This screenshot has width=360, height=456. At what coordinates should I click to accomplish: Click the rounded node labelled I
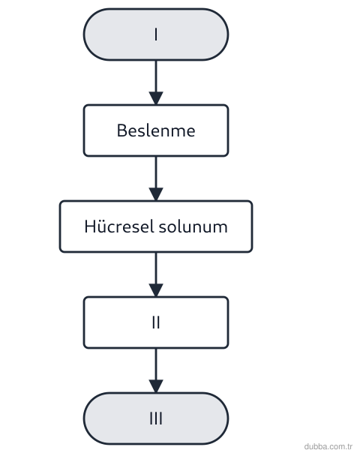click(x=156, y=34)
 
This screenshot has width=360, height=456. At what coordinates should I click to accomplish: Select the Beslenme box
click(x=156, y=130)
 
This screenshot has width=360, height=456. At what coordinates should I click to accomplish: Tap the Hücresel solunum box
click(x=156, y=226)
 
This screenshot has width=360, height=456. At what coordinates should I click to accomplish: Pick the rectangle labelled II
click(x=156, y=322)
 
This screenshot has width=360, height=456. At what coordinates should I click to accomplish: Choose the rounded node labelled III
click(x=156, y=418)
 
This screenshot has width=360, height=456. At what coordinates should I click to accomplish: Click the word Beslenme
click(x=156, y=130)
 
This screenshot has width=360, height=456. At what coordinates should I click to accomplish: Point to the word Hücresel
click(x=119, y=226)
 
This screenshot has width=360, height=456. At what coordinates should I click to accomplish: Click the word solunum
click(x=193, y=226)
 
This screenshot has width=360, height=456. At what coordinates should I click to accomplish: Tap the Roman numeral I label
click(x=156, y=34)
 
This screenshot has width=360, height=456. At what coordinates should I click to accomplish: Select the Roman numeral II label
click(x=156, y=322)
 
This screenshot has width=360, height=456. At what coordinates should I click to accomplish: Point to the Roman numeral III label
click(x=156, y=418)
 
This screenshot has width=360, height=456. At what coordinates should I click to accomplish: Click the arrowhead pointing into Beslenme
click(x=156, y=98)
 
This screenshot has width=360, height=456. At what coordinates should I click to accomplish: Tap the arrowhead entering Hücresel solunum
click(x=156, y=194)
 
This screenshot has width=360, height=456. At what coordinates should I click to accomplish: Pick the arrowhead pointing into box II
click(x=156, y=290)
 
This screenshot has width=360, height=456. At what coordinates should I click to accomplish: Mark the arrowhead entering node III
click(x=156, y=386)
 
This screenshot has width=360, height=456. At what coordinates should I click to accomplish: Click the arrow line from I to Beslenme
click(x=156, y=82)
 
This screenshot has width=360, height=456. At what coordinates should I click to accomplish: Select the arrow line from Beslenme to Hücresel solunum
click(x=156, y=178)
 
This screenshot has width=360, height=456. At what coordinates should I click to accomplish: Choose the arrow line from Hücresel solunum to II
click(x=156, y=274)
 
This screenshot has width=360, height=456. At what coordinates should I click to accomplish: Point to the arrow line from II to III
click(x=156, y=370)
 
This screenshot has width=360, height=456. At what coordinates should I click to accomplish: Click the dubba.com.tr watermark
click(x=328, y=446)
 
